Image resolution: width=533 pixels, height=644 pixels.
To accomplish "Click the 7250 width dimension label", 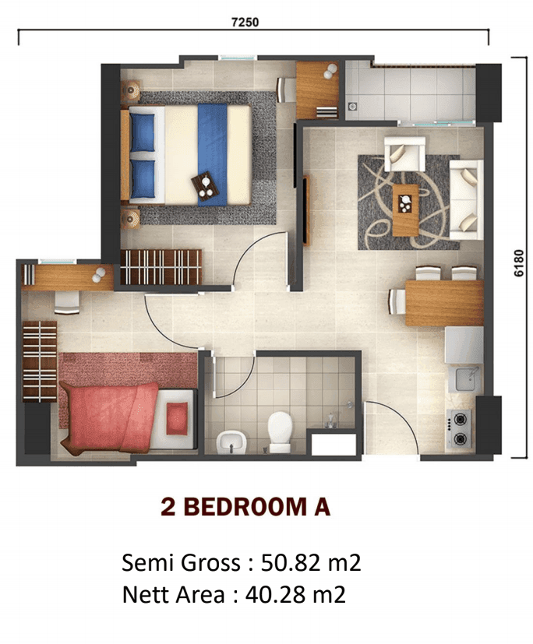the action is tap(245, 22).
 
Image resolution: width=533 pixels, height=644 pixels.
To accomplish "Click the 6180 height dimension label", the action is tap(519, 263).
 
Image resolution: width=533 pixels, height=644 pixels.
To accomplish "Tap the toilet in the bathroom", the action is tap(280, 431).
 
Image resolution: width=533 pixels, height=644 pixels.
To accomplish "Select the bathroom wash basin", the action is tap(231, 442).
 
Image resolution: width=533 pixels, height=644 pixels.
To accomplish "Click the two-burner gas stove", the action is tap(460, 428).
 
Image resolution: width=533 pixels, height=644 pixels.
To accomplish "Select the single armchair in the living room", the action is tap(404, 153).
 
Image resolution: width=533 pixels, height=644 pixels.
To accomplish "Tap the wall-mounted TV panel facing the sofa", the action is tap(305, 210).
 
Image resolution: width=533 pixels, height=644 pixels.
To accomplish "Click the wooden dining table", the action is tap(444, 303).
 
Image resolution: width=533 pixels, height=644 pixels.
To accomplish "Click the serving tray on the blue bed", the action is tap(205, 186).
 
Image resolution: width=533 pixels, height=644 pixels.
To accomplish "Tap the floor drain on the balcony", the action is tap(352, 107).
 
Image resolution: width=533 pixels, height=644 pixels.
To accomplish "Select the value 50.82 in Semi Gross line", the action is tap(291, 562).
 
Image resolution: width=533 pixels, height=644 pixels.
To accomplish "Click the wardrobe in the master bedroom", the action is tap(161, 267).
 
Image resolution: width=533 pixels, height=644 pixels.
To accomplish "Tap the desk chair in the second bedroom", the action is tap(67, 303).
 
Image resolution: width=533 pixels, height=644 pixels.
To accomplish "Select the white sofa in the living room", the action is tap(466, 199).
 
